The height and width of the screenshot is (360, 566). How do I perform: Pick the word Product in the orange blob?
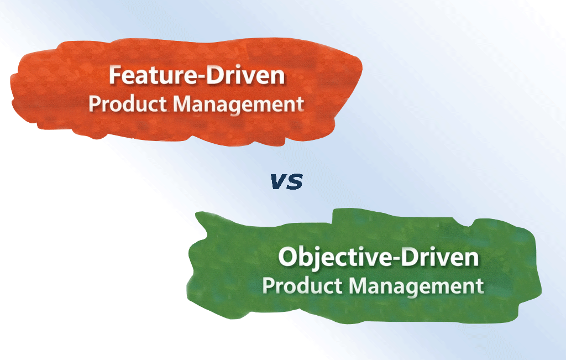[128, 103]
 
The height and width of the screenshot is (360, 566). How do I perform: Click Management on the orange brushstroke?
[238, 105]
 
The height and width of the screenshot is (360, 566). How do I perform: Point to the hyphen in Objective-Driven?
[391, 259]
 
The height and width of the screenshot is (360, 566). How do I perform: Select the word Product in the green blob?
[302, 285]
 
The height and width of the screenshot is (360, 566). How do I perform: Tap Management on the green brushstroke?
[416, 286]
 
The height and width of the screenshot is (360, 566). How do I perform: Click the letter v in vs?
[279, 181]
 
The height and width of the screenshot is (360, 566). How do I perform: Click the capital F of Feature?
[116, 75]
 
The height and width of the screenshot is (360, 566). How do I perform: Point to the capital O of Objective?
[287, 257]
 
